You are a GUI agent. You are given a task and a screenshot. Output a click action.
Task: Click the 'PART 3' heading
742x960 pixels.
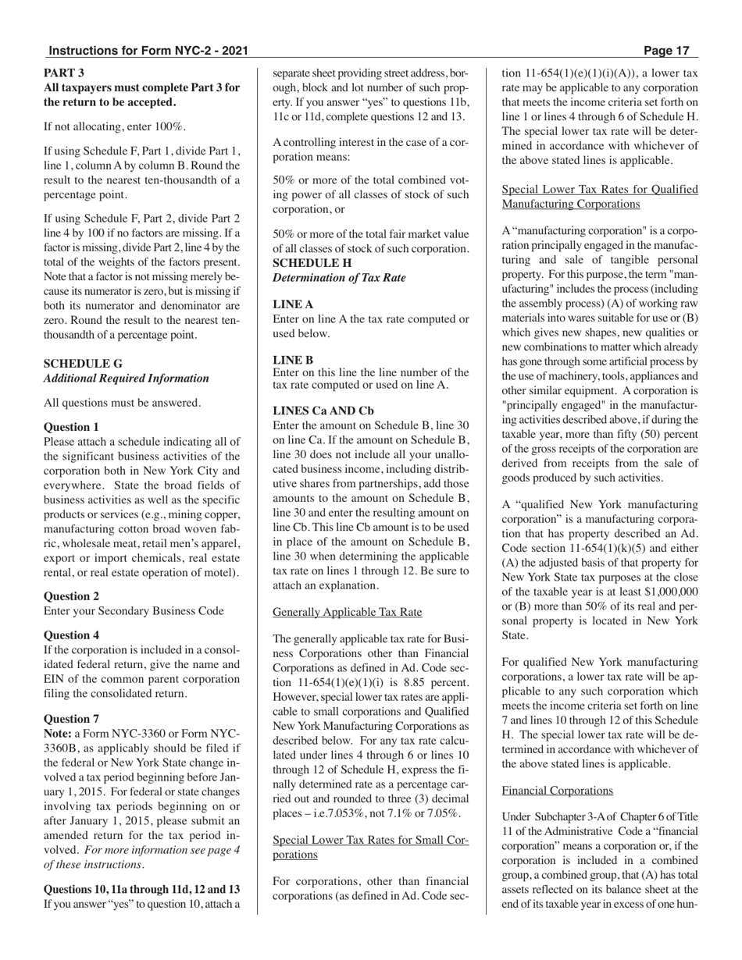pyautogui.click(x=64, y=72)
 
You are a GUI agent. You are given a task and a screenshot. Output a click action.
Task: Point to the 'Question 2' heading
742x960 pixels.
pyautogui.click(x=71, y=596)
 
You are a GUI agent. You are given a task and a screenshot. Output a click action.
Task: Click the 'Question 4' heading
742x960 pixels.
pyautogui.click(x=71, y=635)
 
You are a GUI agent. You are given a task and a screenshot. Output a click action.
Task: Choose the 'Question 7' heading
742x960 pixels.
pyautogui.click(x=71, y=718)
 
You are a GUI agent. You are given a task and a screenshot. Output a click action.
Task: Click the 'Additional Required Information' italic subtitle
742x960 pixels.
pyautogui.click(x=127, y=379)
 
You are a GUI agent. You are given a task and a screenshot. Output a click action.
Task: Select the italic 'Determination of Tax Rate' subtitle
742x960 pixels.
pyautogui.click(x=339, y=278)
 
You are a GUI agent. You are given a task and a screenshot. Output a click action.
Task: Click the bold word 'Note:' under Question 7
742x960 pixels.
pyautogui.click(x=58, y=734)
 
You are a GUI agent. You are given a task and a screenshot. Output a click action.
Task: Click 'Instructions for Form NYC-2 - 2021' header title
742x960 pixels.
pyautogui.click(x=148, y=51)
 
